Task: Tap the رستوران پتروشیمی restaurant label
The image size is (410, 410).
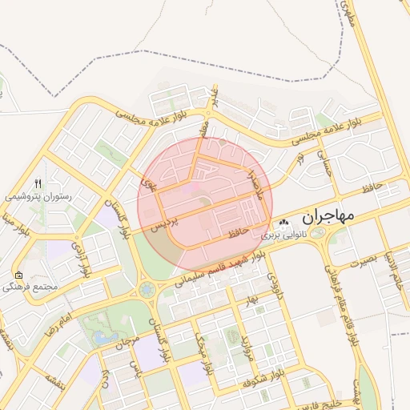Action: click(38, 195)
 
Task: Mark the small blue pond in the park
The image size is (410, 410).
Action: click(102, 337)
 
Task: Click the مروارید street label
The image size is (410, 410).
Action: click(243, 344)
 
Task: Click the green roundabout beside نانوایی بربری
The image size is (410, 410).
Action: click(318, 233)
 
